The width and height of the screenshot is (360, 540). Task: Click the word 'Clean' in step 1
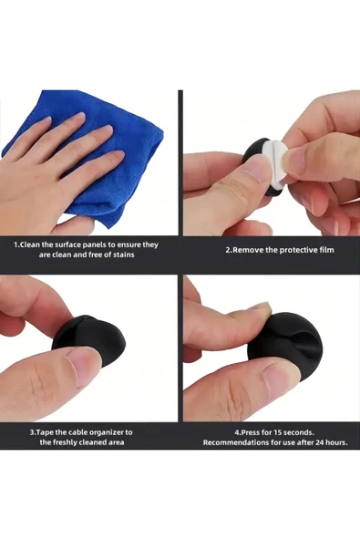point(29,245)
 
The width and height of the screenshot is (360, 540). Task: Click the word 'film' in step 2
point(326,250)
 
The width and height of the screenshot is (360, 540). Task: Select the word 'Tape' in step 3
point(45,432)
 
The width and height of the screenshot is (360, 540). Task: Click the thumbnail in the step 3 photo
point(84,365)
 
